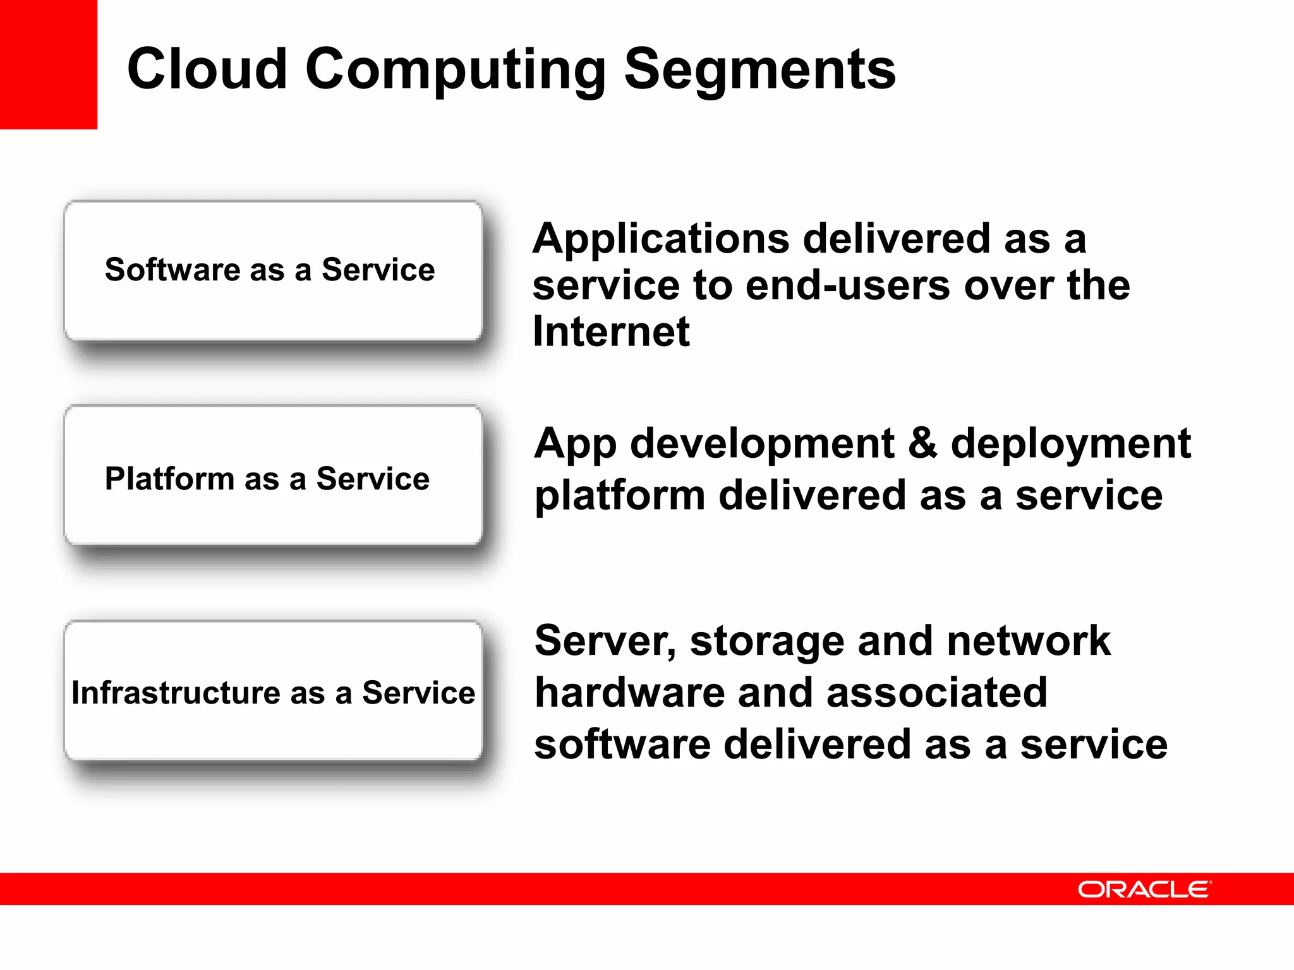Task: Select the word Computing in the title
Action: (x=455, y=71)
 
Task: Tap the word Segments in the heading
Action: (x=759, y=71)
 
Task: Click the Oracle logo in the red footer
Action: (x=1144, y=889)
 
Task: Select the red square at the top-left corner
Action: (x=48, y=64)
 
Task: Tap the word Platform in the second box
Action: (x=169, y=479)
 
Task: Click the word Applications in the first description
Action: (x=661, y=241)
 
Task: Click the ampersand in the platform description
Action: (x=922, y=443)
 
